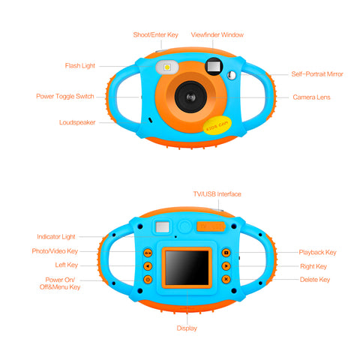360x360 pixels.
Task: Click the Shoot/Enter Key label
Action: click(x=155, y=34)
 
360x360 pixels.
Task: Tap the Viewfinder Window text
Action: click(x=217, y=34)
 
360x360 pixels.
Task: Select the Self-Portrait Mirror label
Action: click(x=317, y=74)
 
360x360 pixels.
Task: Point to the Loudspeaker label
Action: click(x=77, y=122)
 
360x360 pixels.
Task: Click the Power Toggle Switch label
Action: click(x=65, y=97)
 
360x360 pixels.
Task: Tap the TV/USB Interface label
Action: click(x=217, y=194)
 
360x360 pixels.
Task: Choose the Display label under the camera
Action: click(x=187, y=328)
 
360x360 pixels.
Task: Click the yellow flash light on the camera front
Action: click(x=167, y=67)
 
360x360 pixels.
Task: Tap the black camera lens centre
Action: click(x=190, y=97)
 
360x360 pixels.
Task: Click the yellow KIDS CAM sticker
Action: click(x=217, y=125)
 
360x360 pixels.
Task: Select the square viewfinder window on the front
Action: click(x=214, y=67)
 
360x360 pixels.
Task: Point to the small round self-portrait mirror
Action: click(x=232, y=75)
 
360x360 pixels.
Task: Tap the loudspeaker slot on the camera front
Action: click(x=151, y=120)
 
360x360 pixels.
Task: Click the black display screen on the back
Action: click(x=187, y=268)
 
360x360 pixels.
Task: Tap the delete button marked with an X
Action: click(x=226, y=279)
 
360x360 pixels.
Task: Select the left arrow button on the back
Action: click(x=148, y=266)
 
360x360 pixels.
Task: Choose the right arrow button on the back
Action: click(x=226, y=266)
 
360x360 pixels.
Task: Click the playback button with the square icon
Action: click(x=226, y=253)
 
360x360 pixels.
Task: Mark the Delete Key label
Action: click(x=315, y=280)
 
